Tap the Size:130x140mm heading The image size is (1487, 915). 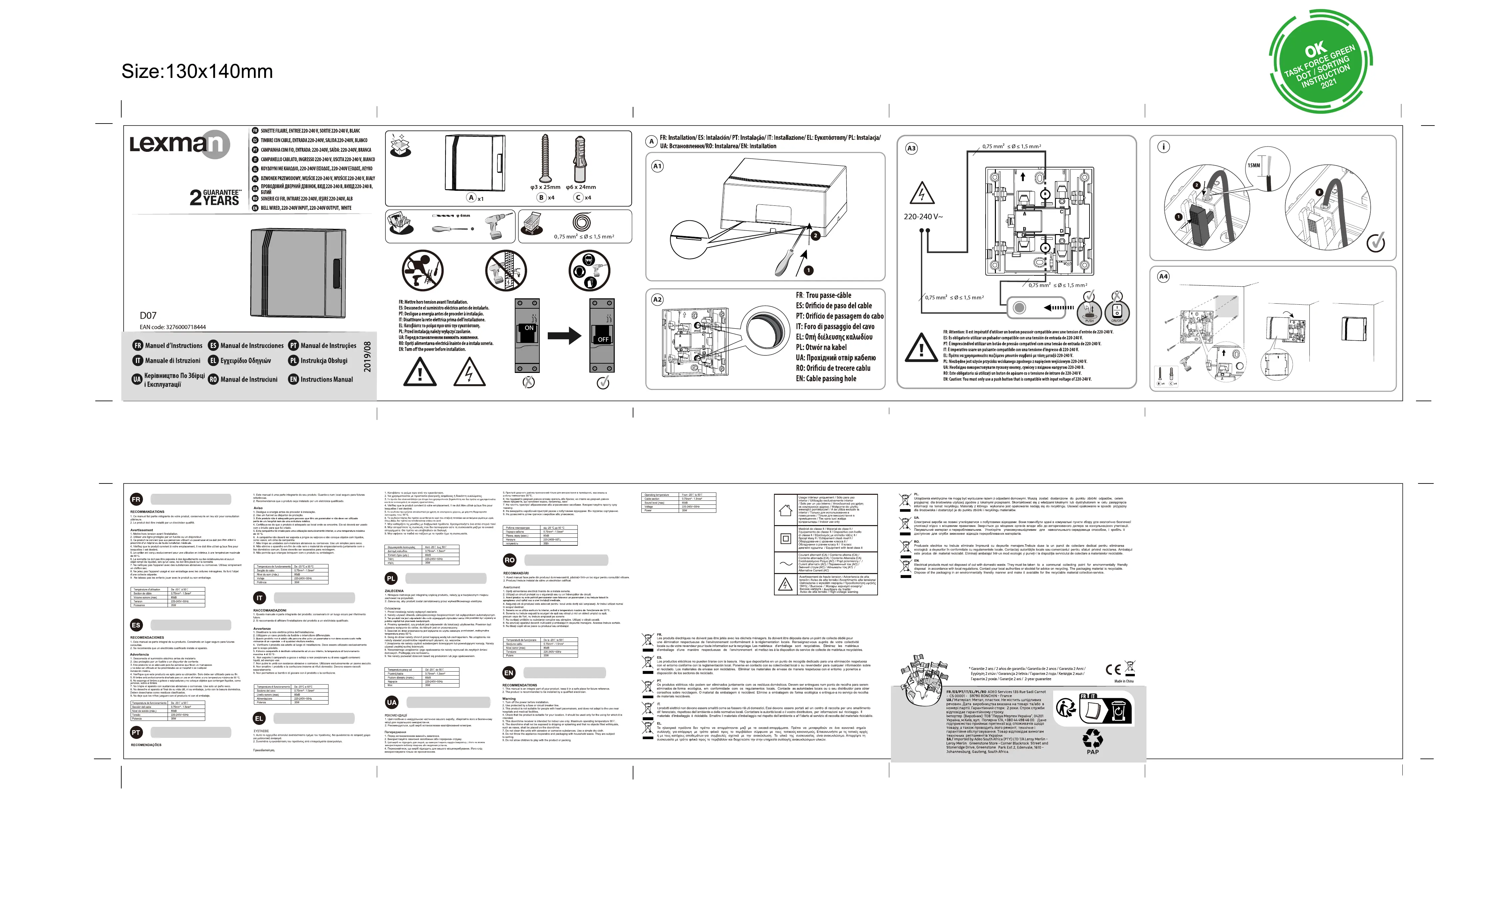point(197,71)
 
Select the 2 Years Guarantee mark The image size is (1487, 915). point(215,197)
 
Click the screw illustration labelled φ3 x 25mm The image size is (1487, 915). point(545,158)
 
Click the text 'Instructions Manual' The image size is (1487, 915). point(326,380)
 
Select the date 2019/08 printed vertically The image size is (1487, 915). point(367,357)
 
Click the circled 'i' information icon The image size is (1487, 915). point(1163,147)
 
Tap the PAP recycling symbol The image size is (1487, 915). point(1092,741)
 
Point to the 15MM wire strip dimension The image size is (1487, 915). point(1253,165)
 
